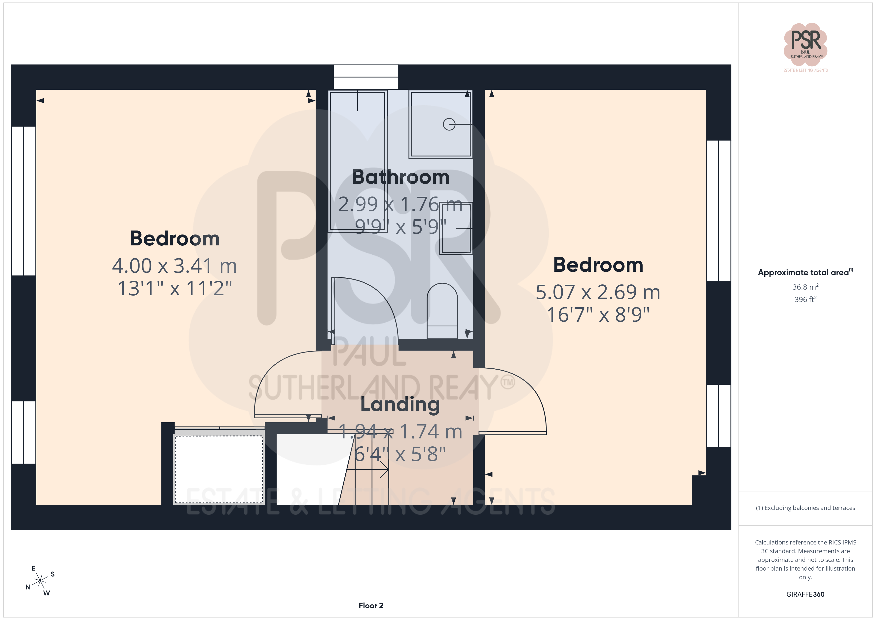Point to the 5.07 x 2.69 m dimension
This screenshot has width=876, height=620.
tap(598, 292)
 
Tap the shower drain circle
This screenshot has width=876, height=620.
tap(449, 124)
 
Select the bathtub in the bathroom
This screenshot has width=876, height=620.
tap(358, 161)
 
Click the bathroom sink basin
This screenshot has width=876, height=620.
tap(456, 228)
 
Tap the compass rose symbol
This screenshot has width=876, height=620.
tap(40, 581)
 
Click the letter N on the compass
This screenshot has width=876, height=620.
tap(28, 587)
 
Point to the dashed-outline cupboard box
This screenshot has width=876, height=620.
tap(219, 469)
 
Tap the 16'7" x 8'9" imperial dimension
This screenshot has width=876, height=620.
tap(598, 315)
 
